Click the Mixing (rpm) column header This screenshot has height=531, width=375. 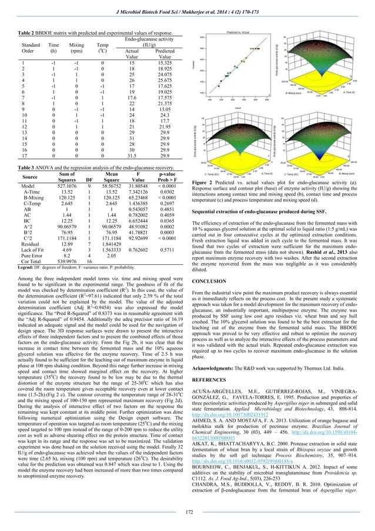[76, 48]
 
